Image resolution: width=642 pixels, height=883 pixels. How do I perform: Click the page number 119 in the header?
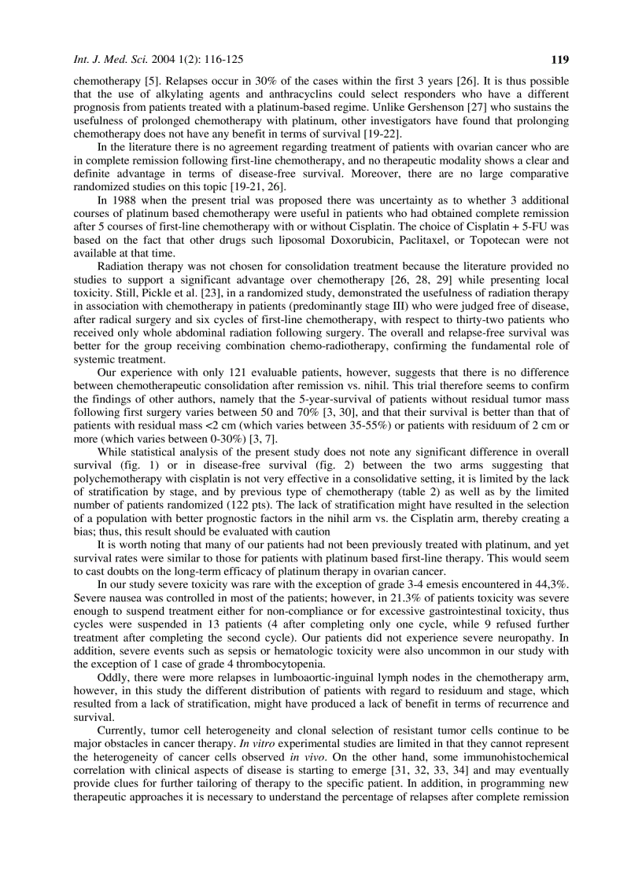559,59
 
